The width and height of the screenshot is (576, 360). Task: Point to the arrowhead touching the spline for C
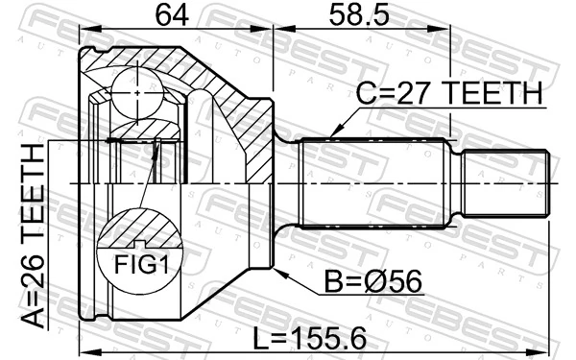tap(334, 134)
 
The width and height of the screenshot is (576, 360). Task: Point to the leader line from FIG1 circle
tap(149, 178)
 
